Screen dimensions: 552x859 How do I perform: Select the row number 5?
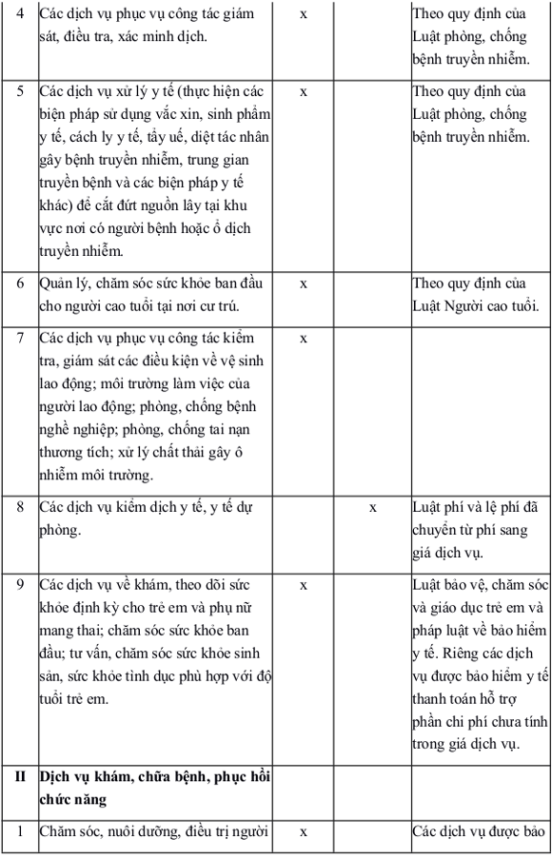coord(20,93)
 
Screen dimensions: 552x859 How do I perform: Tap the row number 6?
coord(20,284)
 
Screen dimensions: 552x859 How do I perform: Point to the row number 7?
coord(20,339)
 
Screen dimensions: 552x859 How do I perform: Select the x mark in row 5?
coord(304,93)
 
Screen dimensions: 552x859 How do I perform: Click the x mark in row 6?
coord(304,284)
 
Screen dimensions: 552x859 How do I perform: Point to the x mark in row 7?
coord(304,339)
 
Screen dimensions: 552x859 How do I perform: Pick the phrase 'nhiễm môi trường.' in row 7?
coord(96,474)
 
